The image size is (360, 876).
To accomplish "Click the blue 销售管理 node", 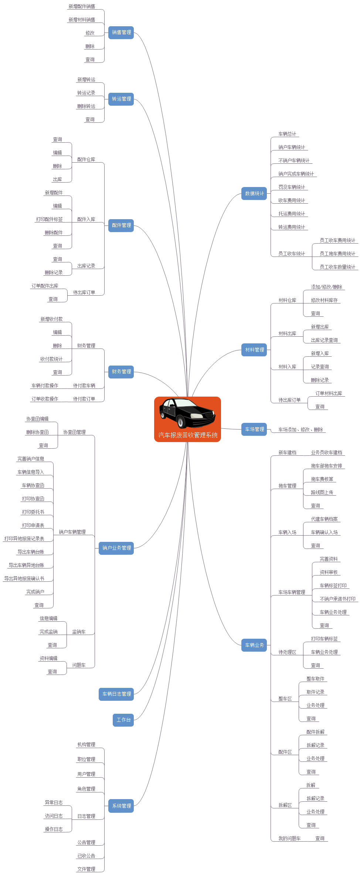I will point(121,33).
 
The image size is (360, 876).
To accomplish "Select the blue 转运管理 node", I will point(121,99).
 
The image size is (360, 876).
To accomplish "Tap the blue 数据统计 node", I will point(254,194).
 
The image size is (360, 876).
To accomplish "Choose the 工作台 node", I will point(123,720).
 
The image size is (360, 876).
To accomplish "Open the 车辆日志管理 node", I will point(116,694).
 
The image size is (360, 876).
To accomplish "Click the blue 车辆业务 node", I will point(254,645).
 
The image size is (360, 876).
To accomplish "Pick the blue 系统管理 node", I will point(121,806).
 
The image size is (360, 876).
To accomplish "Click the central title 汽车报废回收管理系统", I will point(188,435).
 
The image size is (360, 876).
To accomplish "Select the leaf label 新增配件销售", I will point(82,7).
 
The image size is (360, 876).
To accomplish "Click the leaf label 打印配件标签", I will point(49,220).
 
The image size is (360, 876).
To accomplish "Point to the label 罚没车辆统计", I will point(292,187).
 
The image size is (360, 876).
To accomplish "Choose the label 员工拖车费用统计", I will point(337,254).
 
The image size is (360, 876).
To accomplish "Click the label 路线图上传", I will point(322,493).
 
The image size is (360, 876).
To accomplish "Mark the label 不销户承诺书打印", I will point(337,599).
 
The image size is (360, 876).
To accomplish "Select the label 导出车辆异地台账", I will point(26,566).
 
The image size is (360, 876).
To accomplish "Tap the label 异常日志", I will point(54,803).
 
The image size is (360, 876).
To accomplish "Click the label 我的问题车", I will point(289,839).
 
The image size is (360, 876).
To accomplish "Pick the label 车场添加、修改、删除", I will point(300,430).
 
